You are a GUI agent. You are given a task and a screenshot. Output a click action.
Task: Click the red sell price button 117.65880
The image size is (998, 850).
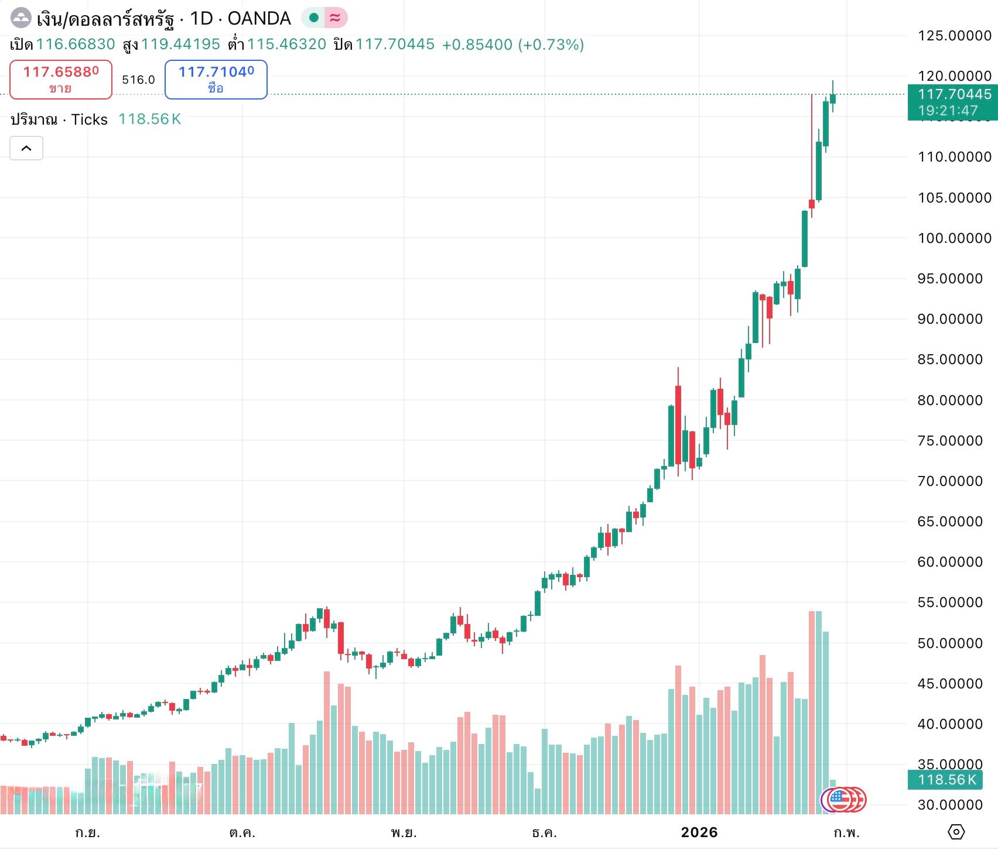point(61,79)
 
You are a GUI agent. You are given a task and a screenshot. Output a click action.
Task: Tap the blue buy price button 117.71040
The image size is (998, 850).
point(216,79)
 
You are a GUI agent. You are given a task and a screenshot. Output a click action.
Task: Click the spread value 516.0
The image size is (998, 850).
point(138,80)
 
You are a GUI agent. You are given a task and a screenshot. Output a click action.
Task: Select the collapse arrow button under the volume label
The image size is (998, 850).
point(26,148)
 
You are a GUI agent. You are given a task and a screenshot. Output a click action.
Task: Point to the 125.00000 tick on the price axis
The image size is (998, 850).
point(954,36)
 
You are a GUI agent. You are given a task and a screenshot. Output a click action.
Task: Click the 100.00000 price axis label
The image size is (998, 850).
point(954,238)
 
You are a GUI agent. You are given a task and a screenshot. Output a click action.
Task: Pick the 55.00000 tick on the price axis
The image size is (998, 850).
point(949,602)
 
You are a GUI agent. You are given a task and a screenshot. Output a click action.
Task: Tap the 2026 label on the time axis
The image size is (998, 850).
point(699,832)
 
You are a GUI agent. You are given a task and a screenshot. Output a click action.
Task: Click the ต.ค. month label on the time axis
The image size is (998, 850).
point(242,832)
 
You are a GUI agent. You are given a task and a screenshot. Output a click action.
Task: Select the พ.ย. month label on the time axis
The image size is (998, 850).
point(404,832)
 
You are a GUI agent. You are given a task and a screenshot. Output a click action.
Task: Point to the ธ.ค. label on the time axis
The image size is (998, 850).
point(544,832)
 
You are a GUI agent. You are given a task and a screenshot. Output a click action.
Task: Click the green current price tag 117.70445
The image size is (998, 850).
point(953,102)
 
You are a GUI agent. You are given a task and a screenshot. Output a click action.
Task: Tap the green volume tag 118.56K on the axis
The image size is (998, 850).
point(946,780)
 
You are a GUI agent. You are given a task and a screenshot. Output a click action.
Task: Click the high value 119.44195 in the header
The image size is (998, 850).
point(180,44)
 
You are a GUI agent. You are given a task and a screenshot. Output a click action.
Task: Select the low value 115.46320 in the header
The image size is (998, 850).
point(286,44)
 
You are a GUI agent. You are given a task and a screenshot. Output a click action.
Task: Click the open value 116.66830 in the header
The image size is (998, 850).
point(76,44)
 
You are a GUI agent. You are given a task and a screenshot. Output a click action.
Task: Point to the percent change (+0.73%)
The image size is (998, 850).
point(551,44)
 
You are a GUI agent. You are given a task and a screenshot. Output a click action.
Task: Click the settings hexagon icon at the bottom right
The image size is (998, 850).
point(956,832)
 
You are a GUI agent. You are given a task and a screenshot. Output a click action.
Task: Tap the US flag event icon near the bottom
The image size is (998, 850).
point(838,800)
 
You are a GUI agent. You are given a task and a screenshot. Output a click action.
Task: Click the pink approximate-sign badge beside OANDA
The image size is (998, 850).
point(336,18)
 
